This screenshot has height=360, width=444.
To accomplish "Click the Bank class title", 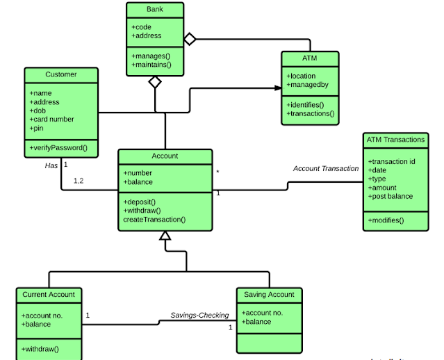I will click(x=155, y=10).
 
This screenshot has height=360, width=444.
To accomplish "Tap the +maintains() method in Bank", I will click(x=151, y=65).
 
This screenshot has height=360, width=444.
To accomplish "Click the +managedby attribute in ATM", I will click(x=306, y=85).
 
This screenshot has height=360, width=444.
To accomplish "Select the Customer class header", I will click(x=61, y=74).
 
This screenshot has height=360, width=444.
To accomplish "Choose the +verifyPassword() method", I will click(x=58, y=148).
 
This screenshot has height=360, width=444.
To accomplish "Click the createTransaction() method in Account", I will click(x=154, y=220).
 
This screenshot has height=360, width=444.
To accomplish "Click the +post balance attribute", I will click(x=390, y=197).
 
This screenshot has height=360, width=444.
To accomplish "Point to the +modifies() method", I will click(x=386, y=220).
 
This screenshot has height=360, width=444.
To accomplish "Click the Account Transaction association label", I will click(x=326, y=168).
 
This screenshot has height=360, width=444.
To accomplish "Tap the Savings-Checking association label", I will click(x=199, y=316).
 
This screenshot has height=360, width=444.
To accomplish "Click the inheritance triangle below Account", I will click(x=165, y=236).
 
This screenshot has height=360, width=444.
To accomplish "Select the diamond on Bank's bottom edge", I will click(x=155, y=82).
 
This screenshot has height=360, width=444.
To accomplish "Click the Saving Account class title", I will click(x=269, y=295).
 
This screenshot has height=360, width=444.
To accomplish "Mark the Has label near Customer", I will click(x=51, y=165).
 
